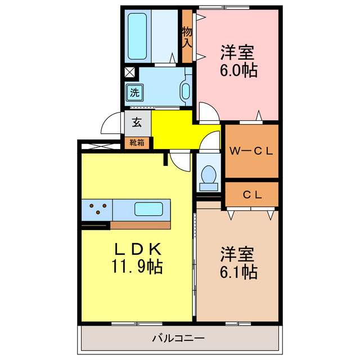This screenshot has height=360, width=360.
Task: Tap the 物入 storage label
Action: click(x=187, y=37)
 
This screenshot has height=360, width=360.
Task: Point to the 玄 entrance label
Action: click(x=136, y=121)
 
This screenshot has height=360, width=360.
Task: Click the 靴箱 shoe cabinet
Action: click(x=137, y=142)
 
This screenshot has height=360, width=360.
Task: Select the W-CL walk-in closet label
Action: click(x=251, y=150)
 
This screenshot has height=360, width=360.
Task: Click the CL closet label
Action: click(x=251, y=195)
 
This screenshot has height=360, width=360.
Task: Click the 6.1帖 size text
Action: click(x=238, y=272)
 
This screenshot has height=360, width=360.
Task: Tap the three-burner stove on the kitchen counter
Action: click(x=97, y=210)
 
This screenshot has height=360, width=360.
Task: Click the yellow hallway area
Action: click(x=174, y=129)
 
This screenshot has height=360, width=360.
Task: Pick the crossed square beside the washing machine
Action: click(x=129, y=72)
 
